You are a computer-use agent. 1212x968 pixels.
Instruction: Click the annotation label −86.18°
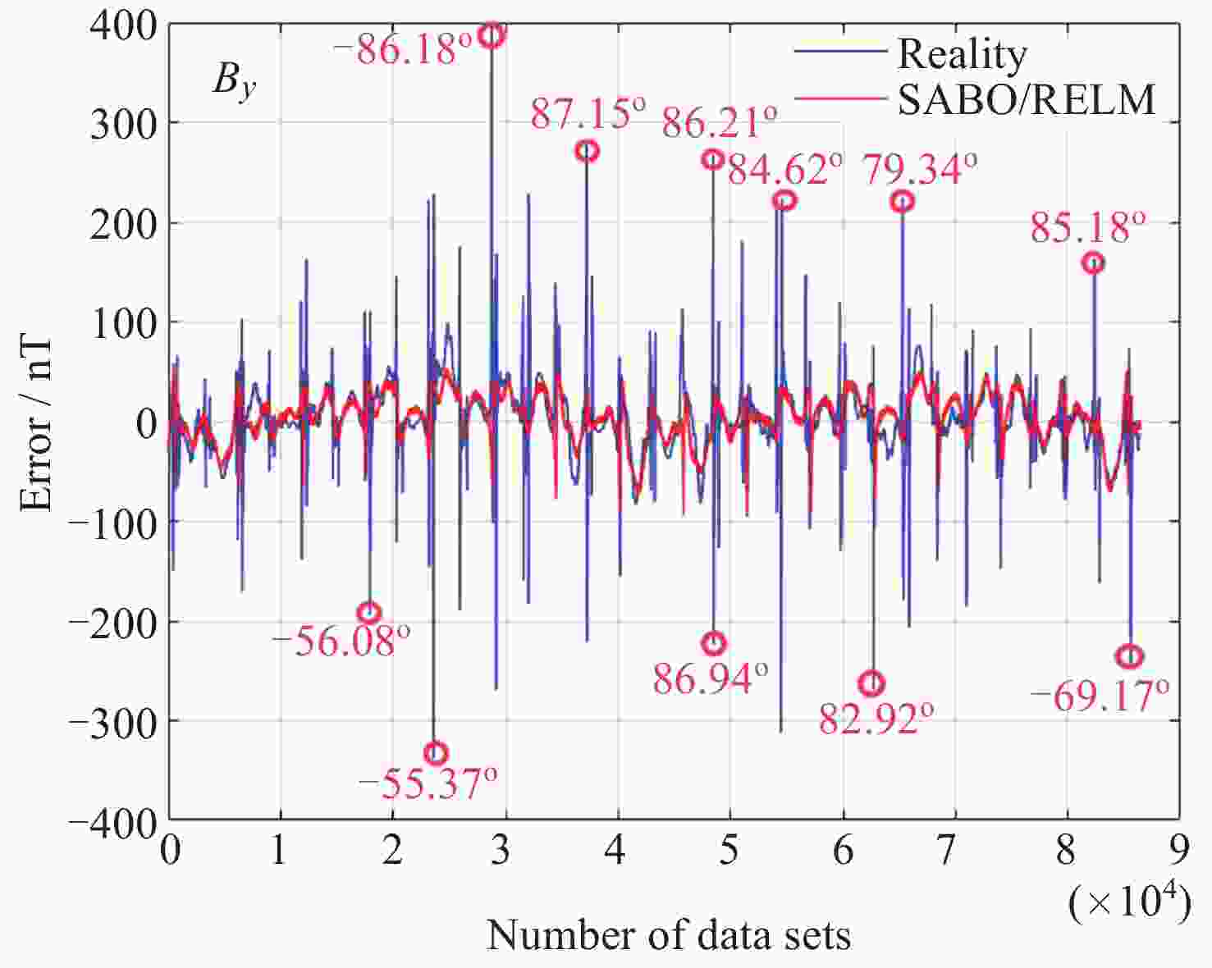[x=403, y=49]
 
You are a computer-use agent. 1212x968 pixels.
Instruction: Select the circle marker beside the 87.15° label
[x=587, y=151]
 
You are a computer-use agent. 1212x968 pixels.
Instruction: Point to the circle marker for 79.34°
[x=902, y=201]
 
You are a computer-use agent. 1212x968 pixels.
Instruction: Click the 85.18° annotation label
[x=1087, y=227]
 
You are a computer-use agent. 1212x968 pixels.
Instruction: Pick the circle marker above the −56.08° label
[x=369, y=612]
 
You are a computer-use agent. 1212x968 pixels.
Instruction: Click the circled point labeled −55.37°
[x=436, y=752]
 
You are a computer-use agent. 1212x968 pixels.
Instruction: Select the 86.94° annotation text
[x=711, y=678]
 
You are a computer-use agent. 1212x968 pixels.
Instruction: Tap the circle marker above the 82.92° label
[x=871, y=683]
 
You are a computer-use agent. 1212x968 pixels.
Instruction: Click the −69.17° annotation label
[x=1099, y=696]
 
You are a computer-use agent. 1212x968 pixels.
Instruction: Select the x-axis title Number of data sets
[x=669, y=935]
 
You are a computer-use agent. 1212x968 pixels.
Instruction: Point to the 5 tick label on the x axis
[x=729, y=852]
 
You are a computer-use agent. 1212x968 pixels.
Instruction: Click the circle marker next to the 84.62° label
[x=784, y=200]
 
